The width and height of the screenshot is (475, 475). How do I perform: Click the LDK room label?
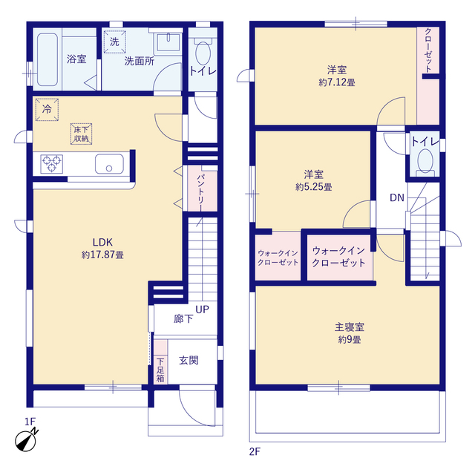pos(102,241)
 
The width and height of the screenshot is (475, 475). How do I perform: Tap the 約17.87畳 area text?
pos(102,254)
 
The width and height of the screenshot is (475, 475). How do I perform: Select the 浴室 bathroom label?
pos(76,59)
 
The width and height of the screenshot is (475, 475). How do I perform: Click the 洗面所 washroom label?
pos(139,62)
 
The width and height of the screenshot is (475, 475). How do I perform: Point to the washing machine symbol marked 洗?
pos(114,42)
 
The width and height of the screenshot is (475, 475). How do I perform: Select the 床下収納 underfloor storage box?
pos(81,133)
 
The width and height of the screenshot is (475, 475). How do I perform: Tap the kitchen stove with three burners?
pos(52,163)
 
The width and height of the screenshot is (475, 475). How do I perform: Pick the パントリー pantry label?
pos(201,190)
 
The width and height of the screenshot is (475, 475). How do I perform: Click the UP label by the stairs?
pos(202,309)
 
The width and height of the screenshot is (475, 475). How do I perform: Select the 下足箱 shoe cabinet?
pos(160,370)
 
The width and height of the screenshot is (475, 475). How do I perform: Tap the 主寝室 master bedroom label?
pos(348,327)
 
